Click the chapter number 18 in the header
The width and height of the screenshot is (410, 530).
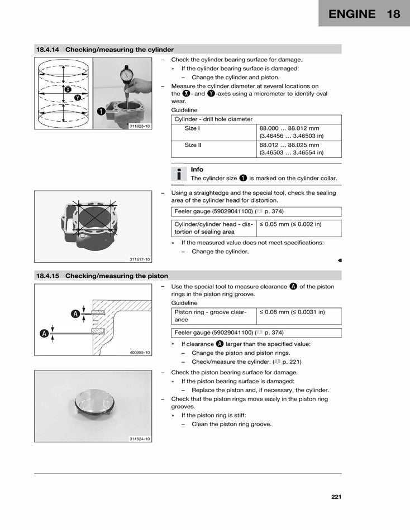click(393, 14)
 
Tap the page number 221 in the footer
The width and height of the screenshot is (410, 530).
click(336, 497)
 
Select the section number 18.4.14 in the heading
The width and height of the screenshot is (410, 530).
click(49, 50)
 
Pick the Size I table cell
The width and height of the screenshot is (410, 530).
click(192, 128)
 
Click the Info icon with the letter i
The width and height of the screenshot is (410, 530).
click(178, 174)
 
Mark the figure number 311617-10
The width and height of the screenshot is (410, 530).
click(140, 259)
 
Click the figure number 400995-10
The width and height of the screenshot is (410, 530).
click(140, 353)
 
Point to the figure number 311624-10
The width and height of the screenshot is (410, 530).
click(140, 439)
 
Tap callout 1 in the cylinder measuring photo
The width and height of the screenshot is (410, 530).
click(101, 111)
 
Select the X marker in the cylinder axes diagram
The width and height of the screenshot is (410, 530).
click(68, 89)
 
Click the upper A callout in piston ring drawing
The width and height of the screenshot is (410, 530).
click(75, 314)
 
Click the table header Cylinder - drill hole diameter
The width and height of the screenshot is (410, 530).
click(213, 119)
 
